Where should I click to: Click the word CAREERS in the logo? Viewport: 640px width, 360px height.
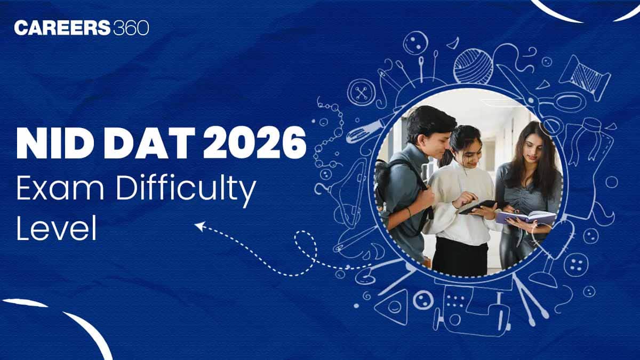tap(62, 28)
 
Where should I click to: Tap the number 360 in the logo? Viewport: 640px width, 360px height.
tap(131, 28)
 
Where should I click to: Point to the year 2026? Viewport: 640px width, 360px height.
tap(254, 143)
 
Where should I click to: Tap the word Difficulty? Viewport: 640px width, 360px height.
tap(186, 191)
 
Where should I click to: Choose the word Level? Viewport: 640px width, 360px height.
tap(57, 229)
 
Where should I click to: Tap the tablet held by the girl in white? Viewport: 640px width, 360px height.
tap(478, 206)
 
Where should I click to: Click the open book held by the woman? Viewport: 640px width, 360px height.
tap(526, 217)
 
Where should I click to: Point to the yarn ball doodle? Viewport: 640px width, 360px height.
tap(473, 66)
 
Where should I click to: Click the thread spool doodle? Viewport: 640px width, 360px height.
tap(585, 77)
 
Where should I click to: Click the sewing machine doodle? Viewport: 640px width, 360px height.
tap(471, 311)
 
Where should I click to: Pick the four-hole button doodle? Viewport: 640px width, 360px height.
tap(576, 265)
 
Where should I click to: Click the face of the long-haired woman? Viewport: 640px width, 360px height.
tap(532, 150)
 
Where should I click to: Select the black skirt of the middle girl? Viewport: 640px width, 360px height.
tap(460, 257)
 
